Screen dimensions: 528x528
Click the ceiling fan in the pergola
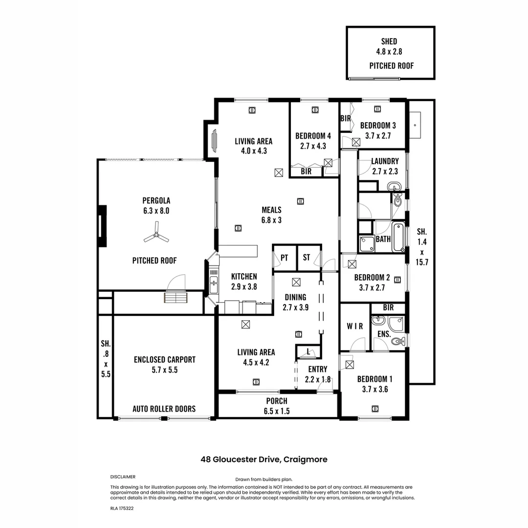[156, 238]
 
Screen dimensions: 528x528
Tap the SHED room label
[389, 42]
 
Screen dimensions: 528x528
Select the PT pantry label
[284, 258]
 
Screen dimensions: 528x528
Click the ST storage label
[307, 258]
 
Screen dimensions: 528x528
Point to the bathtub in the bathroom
[398, 237]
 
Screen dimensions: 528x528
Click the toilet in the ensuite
[398, 341]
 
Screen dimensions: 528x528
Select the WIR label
[355, 326]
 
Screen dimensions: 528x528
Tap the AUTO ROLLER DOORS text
[164, 409]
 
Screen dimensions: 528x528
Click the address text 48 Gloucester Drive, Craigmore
[264, 460]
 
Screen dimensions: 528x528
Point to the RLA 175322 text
[122, 508]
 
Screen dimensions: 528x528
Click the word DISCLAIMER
[123, 477]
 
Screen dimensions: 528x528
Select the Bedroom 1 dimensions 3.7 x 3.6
[374, 389]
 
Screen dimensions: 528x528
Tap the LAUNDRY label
[385, 161]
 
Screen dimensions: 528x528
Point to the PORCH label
[277, 401]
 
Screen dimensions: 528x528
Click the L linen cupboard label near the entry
[308, 352]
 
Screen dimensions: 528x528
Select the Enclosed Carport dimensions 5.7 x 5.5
[164, 370]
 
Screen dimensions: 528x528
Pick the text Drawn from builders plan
[264, 480]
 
